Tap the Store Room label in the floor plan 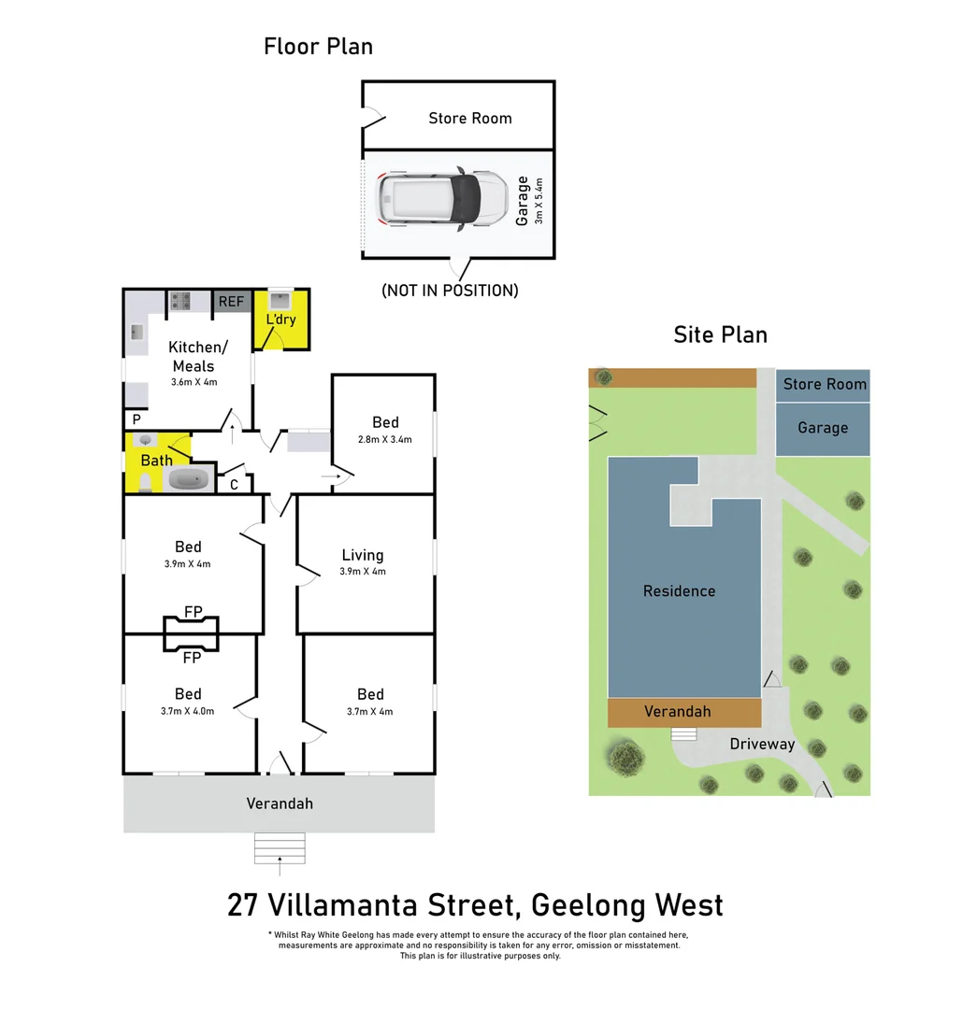(x=469, y=118)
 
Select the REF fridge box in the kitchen (x=231, y=301)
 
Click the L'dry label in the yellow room (x=280, y=320)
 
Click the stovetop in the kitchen (x=180, y=301)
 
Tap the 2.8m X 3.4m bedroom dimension (x=384, y=439)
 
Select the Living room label (x=363, y=555)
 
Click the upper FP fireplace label (x=193, y=612)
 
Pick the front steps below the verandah (x=280, y=848)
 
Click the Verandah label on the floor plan (x=280, y=803)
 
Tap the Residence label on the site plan (x=679, y=590)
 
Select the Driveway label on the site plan (x=762, y=745)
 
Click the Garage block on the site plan (x=823, y=429)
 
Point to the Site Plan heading (x=720, y=334)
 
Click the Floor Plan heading (x=318, y=46)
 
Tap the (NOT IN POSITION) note (x=450, y=291)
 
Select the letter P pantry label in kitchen (x=136, y=419)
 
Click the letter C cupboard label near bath (x=234, y=484)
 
